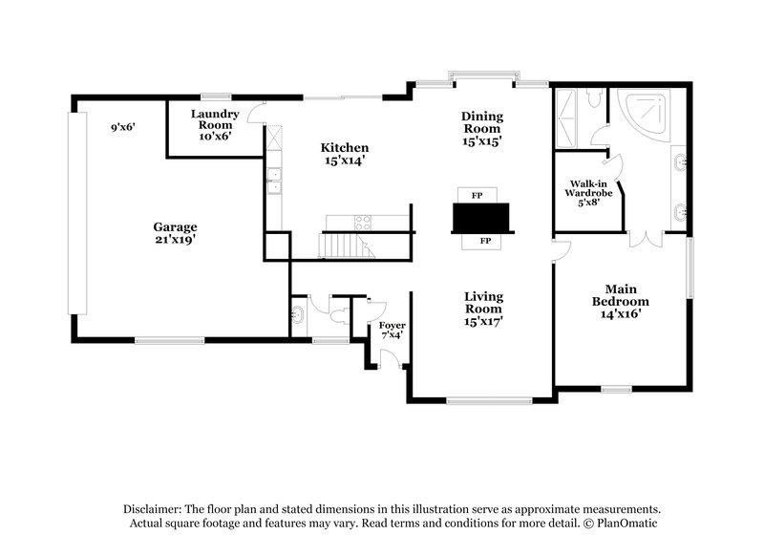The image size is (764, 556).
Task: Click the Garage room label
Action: (175, 233)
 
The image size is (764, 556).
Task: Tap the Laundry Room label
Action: (215, 124)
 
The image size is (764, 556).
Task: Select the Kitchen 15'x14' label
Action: (344, 155)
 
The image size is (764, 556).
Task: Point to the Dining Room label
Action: (482, 128)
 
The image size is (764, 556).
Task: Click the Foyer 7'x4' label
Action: (393, 330)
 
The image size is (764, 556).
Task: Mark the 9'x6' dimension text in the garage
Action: (123, 127)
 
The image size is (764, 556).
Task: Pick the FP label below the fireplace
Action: (484, 241)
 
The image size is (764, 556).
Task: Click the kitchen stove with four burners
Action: (364, 223)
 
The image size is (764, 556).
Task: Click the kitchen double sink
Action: (274, 180)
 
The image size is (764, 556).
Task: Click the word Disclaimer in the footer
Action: (154, 509)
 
